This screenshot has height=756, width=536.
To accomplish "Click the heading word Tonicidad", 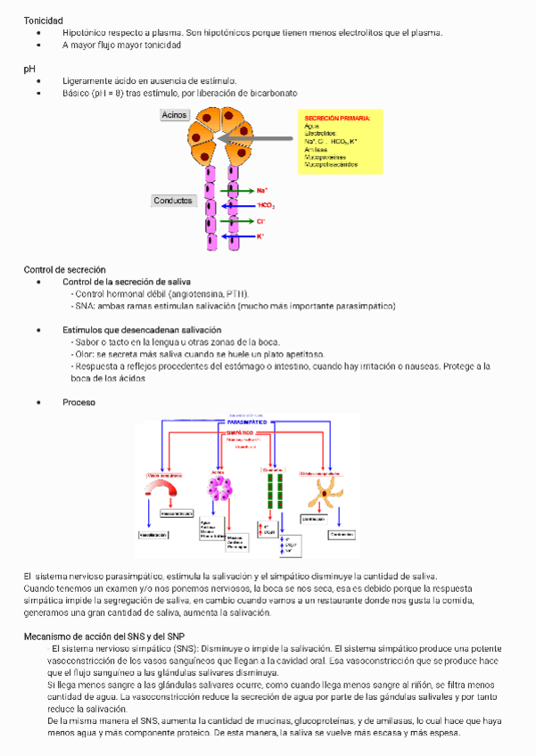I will [43, 21].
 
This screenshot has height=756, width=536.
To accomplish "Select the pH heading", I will [29, 68].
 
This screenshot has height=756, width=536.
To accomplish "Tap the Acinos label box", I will [173, 115].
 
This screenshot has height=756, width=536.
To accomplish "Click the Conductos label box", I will [173, 201].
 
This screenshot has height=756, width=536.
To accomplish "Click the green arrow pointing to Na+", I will [239, 191].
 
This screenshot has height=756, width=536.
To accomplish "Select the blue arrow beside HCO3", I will [239, 206].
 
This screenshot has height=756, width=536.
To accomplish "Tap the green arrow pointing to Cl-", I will [239, 221].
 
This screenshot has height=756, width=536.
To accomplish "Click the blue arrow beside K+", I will [239, 236].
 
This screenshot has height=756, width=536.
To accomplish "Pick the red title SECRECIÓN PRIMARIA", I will [337, 119].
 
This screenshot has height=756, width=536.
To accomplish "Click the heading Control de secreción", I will [64, 269].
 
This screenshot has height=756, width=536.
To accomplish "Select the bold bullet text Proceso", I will [78, 402].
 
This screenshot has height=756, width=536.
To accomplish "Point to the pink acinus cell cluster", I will [219, 489].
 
